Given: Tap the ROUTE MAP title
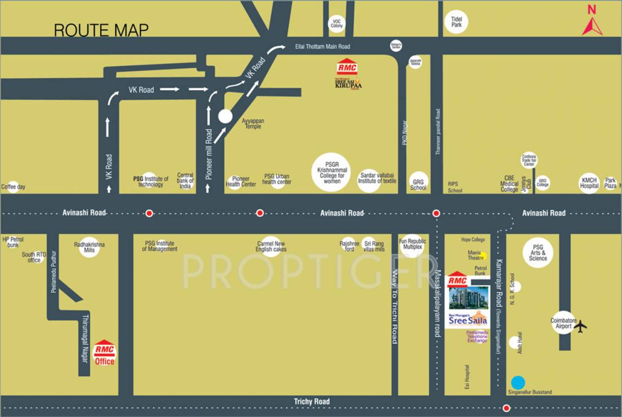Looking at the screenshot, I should pos(101,30).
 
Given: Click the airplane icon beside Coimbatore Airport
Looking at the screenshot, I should pos(581,326).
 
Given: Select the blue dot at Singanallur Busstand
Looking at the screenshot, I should pos(518,382).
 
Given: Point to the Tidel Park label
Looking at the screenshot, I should pos(456,22).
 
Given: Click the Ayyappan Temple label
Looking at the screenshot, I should pos(252,123).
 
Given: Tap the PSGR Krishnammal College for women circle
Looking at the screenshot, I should pos(331,172).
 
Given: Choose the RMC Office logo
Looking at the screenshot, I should pos(104,352).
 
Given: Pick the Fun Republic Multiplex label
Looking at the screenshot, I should pos(413,244).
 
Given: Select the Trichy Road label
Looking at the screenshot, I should pos(312,402).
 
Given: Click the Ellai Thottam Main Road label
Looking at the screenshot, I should pos(323,47).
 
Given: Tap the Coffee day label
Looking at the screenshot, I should pos(13,187).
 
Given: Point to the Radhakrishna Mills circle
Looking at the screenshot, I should pos(89,247).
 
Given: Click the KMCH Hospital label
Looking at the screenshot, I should pos(589,183).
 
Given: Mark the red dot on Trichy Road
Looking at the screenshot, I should pos(506,408).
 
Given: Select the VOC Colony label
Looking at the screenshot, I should pos(337,23).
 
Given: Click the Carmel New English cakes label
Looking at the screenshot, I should pos(271,247).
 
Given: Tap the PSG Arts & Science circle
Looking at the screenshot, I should pos(538,252).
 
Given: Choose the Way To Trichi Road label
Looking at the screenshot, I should pos(395,307).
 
